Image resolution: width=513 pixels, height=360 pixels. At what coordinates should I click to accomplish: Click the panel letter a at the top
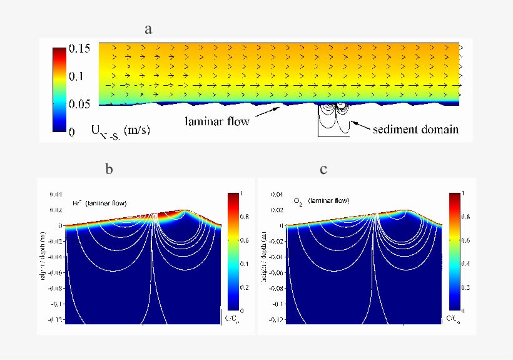[x=148, y=29]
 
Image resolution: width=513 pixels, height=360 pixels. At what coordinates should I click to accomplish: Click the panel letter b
[x=109, y=169]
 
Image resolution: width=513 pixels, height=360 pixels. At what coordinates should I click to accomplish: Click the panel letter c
[x=323, y=169]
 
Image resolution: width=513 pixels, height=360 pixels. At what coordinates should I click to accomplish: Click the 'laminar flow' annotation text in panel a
[x=217, y=121]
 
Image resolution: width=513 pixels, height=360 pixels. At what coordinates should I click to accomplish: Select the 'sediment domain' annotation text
[x=415, y=130]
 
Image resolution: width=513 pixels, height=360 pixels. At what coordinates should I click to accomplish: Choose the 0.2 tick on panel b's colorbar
[x=244, y=287]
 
